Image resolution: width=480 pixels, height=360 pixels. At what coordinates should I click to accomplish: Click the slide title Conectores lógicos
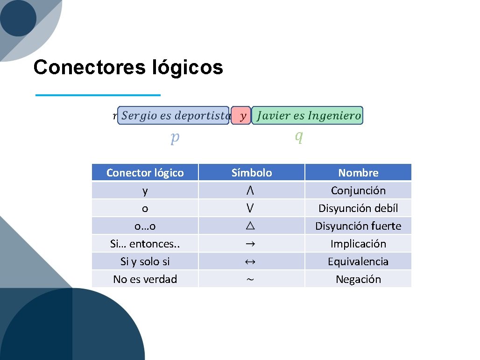click(x=128, y=67)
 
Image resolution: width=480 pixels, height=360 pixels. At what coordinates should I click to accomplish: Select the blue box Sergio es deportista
click(x=173, y=115)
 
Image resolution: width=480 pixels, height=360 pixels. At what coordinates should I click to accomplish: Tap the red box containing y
click(x=241, y=115)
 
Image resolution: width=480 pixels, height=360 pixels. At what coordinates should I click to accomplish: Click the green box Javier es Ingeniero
click(x=308, y=115)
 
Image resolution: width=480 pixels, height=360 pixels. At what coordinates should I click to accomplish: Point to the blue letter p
click(x=175, y=137)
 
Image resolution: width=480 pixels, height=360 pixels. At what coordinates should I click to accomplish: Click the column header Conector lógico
click(x=145, y=173)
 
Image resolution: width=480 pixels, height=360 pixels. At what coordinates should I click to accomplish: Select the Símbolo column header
click(x=252, y=173)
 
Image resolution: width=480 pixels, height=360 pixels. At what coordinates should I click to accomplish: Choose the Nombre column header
click(x=358, y=173)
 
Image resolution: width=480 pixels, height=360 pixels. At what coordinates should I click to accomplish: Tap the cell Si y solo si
click(x=145, y=261)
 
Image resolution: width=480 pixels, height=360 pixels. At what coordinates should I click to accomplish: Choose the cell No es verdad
click(x=145, y=279)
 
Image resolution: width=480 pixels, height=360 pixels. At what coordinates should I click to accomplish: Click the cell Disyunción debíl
click(x=358, y=208)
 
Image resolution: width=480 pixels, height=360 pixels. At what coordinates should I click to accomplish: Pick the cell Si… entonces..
click(x=145, y=244)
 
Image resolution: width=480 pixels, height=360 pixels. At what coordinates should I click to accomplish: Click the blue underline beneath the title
click(x=98, y=95)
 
